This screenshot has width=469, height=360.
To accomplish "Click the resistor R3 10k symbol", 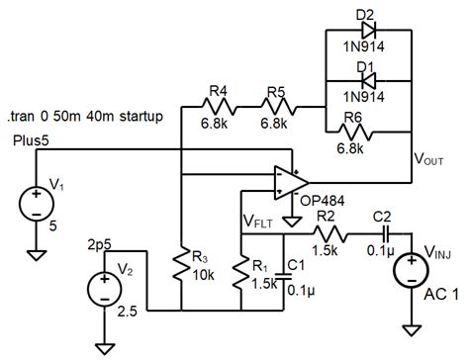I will point(182,265).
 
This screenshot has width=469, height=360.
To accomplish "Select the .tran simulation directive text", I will point(86,117).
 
